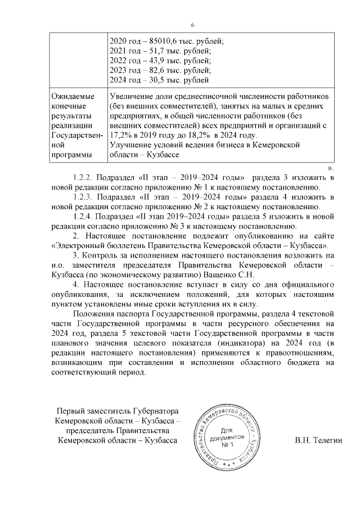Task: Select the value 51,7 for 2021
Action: (149, 51)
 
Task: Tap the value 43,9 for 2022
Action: (150, 61)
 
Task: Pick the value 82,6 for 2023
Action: (150, 71)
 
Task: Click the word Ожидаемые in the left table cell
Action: (71, 96)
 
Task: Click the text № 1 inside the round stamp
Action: (227, 446)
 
